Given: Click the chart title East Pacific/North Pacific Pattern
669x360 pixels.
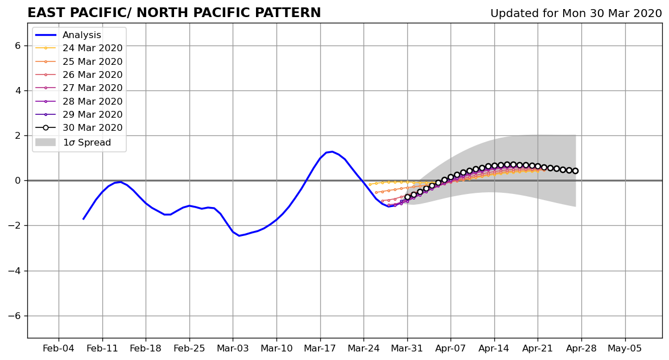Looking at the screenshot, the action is click(x=174, y=13).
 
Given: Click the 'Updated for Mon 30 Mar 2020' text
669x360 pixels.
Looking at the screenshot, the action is click(x=576, y=13).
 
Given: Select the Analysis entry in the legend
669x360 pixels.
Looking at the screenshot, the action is click(x=68, y=35).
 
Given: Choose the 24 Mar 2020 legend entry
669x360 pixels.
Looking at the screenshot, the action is click(x=79, y=48).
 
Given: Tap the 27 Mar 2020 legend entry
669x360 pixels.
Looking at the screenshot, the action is click(x=79, y=88).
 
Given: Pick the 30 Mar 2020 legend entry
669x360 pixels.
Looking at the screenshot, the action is click(x=79, y=127).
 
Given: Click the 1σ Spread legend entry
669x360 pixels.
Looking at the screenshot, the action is click(x=73, y=142).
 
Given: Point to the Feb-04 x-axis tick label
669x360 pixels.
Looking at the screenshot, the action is click(x=59, y=349).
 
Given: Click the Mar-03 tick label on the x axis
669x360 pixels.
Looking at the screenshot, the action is click(x=233, y=349).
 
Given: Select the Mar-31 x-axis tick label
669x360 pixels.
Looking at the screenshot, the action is click(x=407, y=349).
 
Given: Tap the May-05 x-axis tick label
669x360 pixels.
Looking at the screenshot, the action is click(x=625, y=349).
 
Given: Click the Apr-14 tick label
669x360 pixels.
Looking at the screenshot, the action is click(x=494, y=349).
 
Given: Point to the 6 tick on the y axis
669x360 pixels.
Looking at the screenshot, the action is click(x=18, y=45).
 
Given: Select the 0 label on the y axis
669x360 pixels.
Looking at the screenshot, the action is click(x=18, y=181).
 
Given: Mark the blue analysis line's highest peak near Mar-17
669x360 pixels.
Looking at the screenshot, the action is click(x=332, y=151).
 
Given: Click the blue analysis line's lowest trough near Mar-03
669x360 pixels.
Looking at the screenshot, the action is click(x=239, y=236).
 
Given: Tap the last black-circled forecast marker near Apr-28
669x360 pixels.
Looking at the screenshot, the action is click(x=575, y=171).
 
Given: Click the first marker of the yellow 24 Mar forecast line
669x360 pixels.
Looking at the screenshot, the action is click(x=370, y=184).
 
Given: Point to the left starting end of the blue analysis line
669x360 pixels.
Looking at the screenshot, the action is click(x=83, y=220).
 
